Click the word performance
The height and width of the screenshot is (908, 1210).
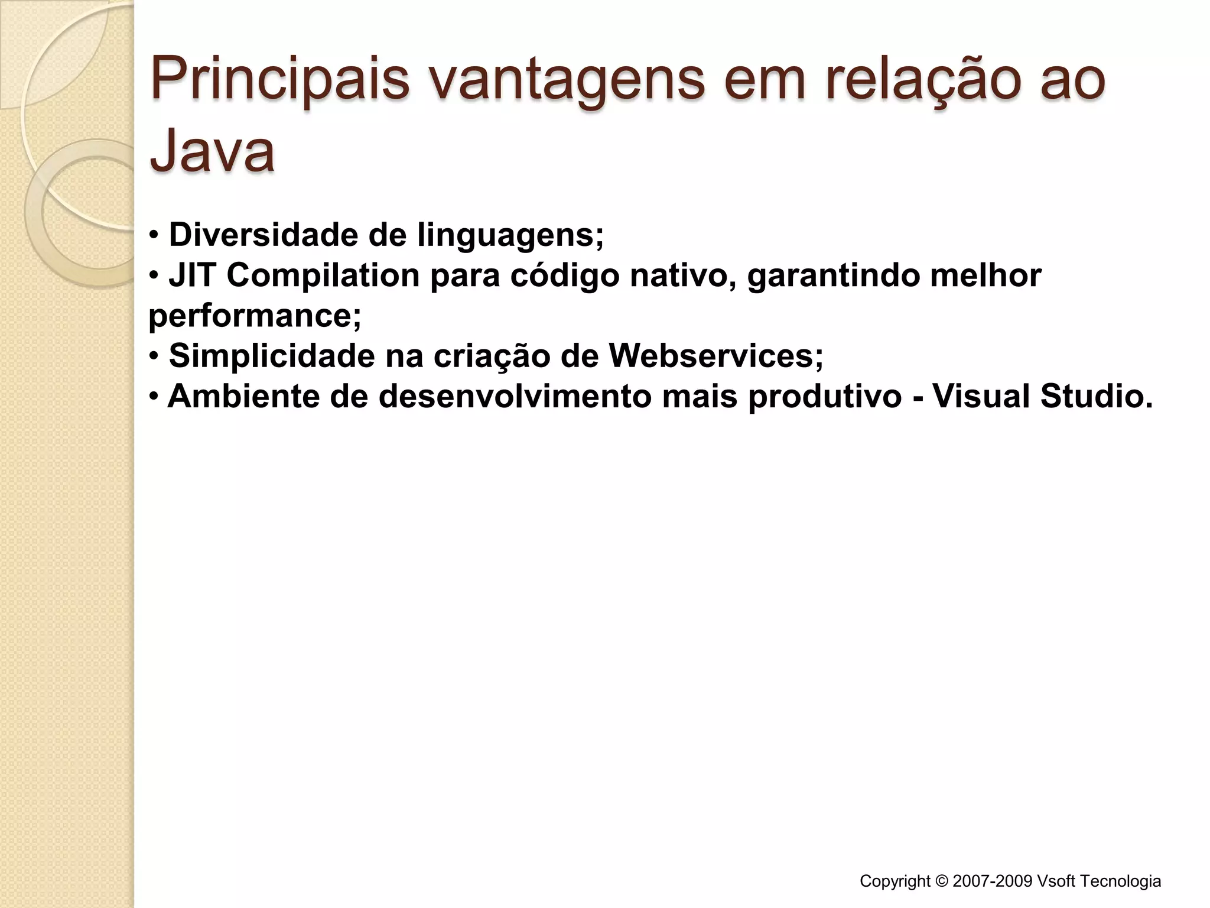[253, 317]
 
